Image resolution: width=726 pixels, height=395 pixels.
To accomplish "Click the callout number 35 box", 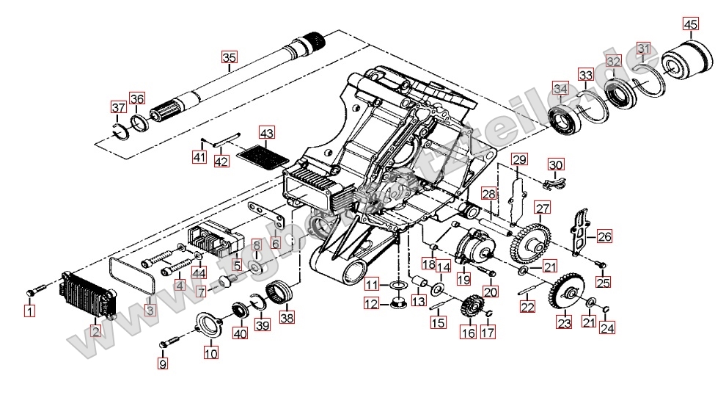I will click(230, 57).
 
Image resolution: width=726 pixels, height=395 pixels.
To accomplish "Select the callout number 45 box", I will click(690, 24).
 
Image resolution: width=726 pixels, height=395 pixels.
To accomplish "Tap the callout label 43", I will click(265, 134).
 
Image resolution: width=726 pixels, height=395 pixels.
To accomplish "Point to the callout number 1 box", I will click(29, 311).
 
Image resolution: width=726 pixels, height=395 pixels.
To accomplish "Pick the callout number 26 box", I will click(604, 236).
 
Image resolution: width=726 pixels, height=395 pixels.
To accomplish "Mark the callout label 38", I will click(286, 318).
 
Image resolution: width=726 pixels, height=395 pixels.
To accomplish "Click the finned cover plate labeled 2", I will click(88, 297).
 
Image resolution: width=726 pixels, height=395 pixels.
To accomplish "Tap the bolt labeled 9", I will click(171, 341).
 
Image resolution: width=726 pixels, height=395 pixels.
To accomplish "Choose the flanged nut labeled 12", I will click(400, 302).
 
